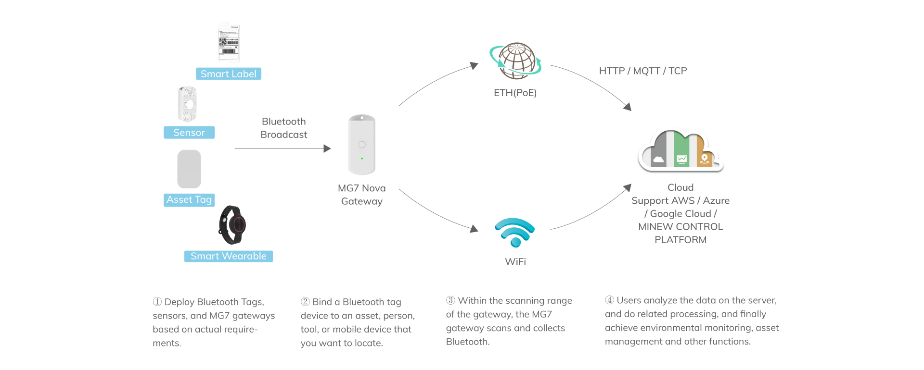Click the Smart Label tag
pos(229,74)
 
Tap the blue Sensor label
pos(189,133)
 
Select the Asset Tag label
pos(189,199)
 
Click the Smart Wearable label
pos(228,256)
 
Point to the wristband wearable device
pos(232,225)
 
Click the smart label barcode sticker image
pos(229,42)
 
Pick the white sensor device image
pos(187,104)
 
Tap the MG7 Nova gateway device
pos(362,145)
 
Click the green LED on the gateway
pos(362,159)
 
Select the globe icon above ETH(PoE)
pos(516,61)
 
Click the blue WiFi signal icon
pos(515,232)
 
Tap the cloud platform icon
pos(680,150)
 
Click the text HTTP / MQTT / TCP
pos(643,71)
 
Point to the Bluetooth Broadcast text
pos(284,128)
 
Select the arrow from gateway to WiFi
pos(438,212)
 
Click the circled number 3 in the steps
pos(450,300)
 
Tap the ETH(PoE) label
pos(515,93)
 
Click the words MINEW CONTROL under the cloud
pos(680,227)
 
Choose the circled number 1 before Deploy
pos(157,302)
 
